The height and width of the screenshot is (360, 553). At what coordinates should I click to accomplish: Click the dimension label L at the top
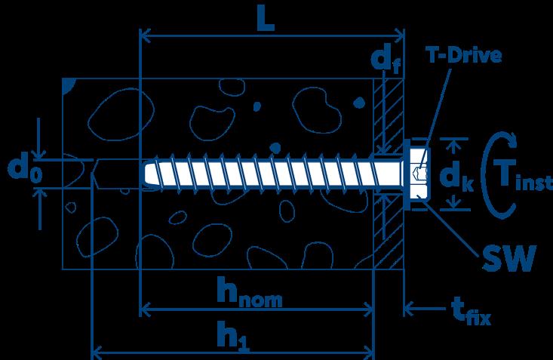click(x=264, y=20)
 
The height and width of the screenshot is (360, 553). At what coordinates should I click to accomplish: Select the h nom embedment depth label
click(x=249, y=292)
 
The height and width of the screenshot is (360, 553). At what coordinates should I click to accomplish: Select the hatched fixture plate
click(x=389, y=226)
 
